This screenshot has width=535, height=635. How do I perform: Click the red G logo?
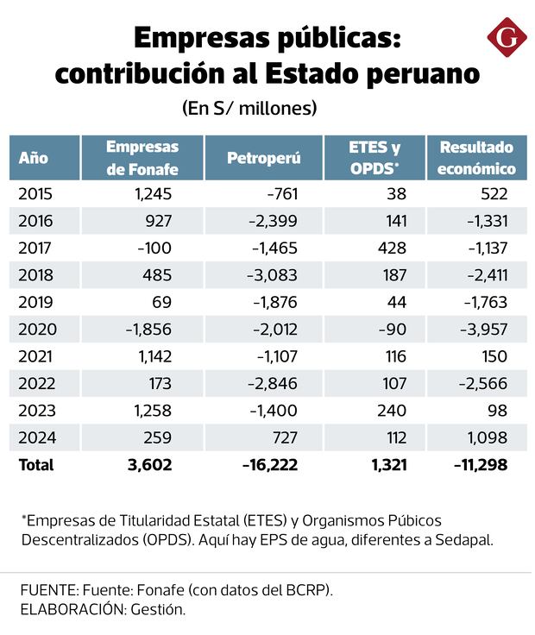[507, 40]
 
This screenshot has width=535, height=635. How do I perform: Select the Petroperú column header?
[263, 158]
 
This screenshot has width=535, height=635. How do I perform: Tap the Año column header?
[34, 158]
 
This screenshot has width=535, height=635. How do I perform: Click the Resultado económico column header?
[475, 158]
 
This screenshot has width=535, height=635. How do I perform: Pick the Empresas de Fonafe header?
[142, 158]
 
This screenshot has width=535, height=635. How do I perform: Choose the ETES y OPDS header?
[374, 158]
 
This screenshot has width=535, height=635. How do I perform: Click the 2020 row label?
[35, 329]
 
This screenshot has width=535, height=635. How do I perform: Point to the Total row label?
[36, 465]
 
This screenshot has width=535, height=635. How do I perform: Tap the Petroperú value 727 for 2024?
[285, 437]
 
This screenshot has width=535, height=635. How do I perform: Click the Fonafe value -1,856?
[148, 329]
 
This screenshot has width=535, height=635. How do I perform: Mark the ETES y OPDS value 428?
[394, 248]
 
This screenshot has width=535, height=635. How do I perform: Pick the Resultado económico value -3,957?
[481, 329]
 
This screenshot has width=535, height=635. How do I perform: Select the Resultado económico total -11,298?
[480, 465]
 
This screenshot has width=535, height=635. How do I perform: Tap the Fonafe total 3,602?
[150, 465]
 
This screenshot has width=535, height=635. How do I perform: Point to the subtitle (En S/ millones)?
[249, 110]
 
